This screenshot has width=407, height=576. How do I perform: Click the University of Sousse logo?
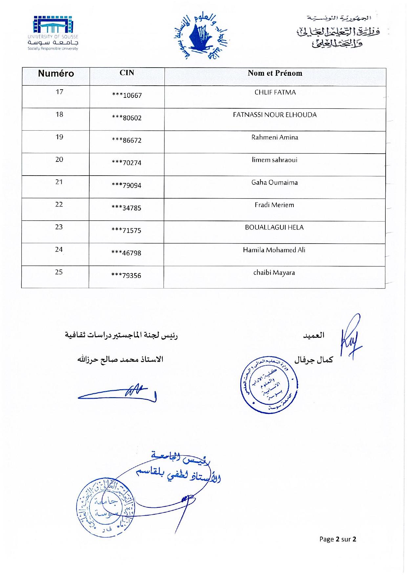[53, 33]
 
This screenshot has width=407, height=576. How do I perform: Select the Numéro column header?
[56, 74]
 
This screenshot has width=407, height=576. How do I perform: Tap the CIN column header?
[127, 73]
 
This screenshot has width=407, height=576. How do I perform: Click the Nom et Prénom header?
[275, 73]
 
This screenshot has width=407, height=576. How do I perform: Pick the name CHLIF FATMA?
[275, 93]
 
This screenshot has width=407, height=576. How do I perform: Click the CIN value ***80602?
[127, 118]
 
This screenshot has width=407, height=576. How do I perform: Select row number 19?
[59, 137]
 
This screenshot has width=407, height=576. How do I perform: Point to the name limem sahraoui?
[274, 160]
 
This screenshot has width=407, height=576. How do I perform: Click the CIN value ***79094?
[127, 186]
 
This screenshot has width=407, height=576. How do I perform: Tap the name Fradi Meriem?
[274, 205]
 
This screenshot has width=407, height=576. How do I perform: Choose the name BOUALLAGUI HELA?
[274, 227]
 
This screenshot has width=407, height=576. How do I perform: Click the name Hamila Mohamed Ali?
[274, 250]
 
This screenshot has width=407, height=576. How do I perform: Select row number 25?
[59, 272]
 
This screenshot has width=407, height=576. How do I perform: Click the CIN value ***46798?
[127, 253]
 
